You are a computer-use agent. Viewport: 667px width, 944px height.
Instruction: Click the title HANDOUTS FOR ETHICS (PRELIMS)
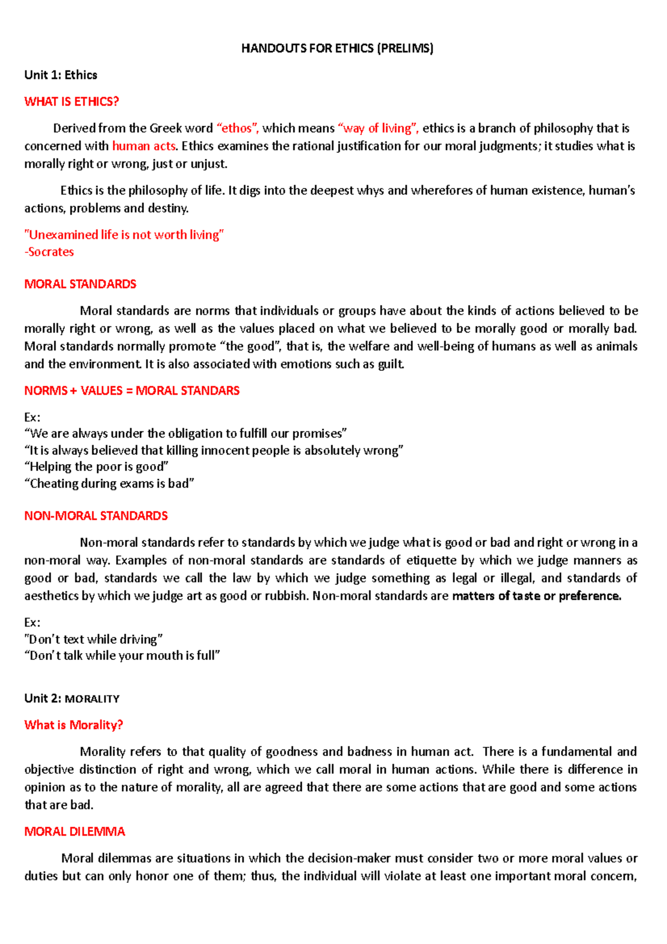[x=337, y=48]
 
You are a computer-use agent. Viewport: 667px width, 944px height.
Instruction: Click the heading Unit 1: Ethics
[x=61, y=75]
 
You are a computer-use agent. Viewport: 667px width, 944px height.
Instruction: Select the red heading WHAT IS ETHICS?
[x=72, y=102]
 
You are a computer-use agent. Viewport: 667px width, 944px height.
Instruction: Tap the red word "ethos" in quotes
[x=237, y=128]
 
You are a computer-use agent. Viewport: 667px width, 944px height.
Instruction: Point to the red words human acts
[x=144, y=146]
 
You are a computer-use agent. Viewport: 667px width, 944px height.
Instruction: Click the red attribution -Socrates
[x=49, y=252]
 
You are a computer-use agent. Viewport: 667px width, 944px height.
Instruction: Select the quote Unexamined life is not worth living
[x=124, y=235]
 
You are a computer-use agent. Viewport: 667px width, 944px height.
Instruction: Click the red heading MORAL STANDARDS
[x=80, y=284]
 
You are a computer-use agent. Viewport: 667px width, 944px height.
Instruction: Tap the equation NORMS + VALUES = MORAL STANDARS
[x=132, y=391]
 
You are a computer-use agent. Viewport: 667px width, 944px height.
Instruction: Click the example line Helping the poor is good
[x=96, y=467]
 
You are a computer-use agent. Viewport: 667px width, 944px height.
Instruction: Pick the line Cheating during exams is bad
[x=109, y=484]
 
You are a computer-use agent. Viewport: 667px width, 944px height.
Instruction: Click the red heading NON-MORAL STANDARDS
[x=96, y=516]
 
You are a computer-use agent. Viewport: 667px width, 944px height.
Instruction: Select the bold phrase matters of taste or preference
[x=536, y=596]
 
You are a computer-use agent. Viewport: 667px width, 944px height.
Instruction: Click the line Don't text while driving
[x=93, y=639]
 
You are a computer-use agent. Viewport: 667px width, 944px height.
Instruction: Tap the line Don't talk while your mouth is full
[x=122, y=656]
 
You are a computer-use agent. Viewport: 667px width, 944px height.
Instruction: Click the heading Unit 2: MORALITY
[x=72, y=699]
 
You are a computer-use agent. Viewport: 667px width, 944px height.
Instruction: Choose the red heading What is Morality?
[x=73, y=725]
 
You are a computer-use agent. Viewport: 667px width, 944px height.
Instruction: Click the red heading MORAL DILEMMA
[x=74, y=832]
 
